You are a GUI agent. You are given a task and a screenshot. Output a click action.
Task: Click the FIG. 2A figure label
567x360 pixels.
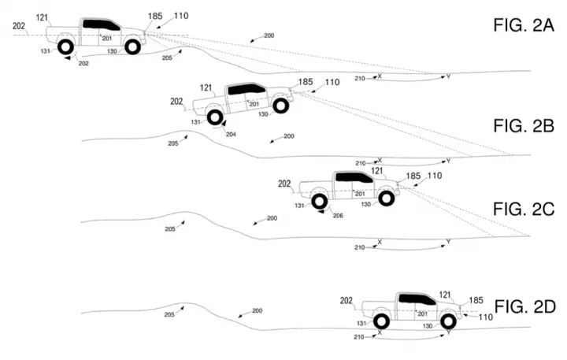(x=523, y=26)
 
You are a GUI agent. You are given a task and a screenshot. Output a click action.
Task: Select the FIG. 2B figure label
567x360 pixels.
(x=524, y=126)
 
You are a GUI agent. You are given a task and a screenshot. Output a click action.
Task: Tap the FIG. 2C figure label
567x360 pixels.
(x=524, y=209)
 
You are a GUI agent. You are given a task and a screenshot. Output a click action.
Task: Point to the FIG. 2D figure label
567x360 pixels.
(x=524, y=306)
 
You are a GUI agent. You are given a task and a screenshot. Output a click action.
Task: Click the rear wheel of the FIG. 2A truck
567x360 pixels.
(x=66, y=46)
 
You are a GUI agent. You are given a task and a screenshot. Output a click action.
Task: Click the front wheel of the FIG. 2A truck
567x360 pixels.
(x=133, y=46)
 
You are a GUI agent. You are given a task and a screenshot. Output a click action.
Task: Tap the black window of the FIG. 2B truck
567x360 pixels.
(x=246, y=89)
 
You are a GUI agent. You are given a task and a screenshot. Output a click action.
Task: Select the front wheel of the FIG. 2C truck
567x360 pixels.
(x=386, y=198)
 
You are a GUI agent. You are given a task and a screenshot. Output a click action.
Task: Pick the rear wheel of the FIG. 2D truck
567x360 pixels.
(x=381, y=321)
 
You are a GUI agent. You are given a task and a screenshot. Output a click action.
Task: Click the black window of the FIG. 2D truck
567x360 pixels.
(x=417, y=299)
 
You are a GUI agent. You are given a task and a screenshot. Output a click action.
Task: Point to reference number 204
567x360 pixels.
(x=231, y=134)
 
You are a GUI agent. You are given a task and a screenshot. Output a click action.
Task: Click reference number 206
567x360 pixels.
(x=338, y=216)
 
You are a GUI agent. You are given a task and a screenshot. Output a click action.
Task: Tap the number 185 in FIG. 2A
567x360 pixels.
(x=155, y=17)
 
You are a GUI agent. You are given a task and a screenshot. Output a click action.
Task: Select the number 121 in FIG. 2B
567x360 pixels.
(x=206, y=88)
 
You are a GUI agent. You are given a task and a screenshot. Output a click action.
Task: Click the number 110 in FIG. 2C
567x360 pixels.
(x=435, y=176)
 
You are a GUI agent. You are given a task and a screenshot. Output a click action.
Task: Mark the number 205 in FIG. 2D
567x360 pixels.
(x=169, y=315)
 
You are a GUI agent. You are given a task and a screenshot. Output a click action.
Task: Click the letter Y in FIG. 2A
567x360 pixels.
(x=448, y=76)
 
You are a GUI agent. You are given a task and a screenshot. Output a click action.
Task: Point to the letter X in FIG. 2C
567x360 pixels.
(x=380, y=242)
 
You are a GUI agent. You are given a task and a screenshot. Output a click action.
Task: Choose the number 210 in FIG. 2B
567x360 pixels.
(x=361, y=163)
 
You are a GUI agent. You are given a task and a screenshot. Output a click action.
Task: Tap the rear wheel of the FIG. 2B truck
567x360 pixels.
(x=215, y=117)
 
